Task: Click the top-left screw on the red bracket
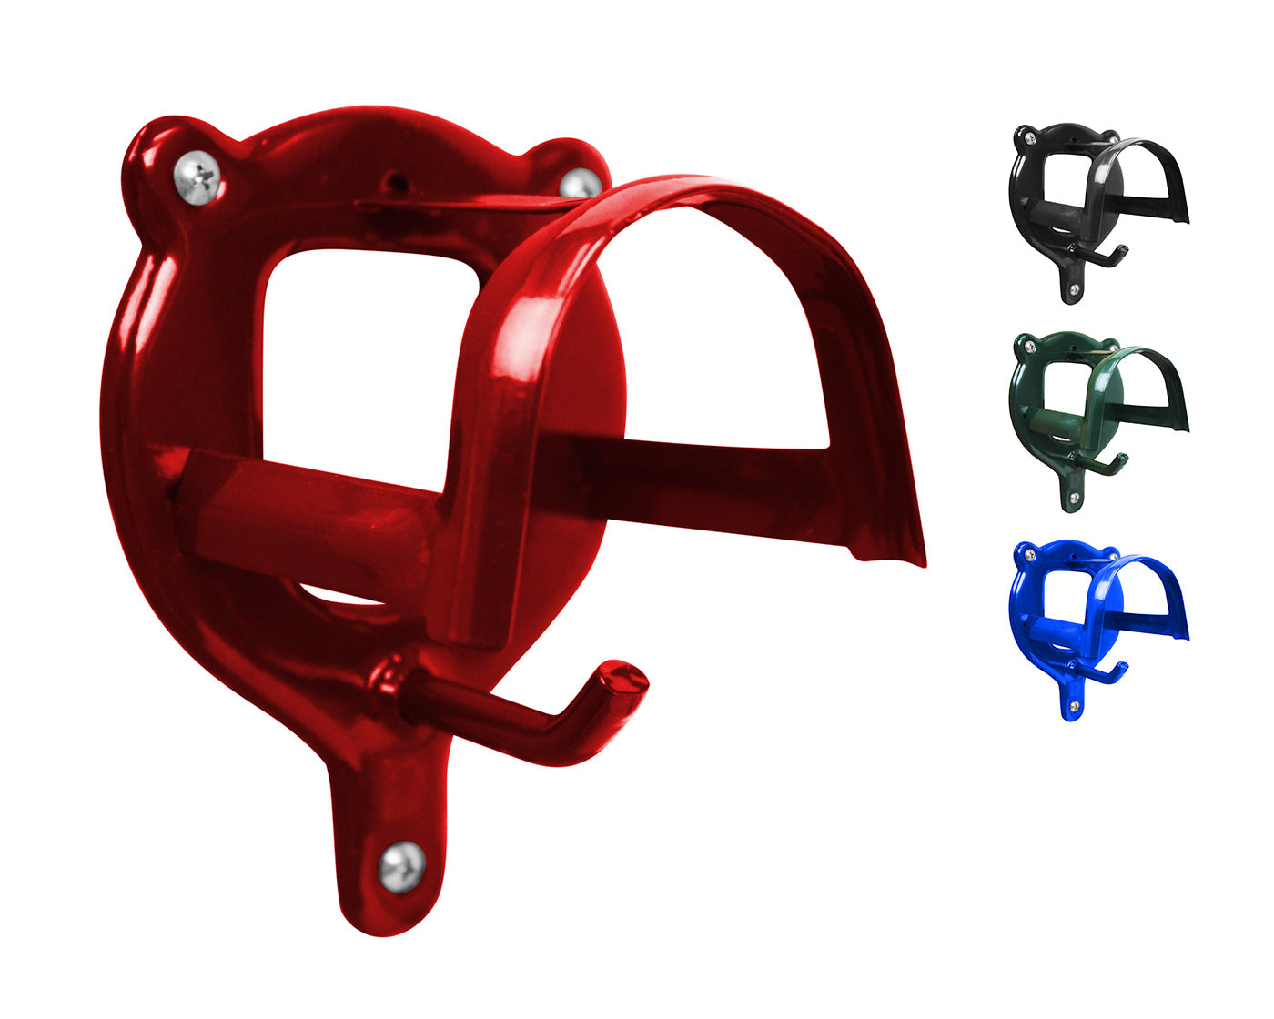[x=197, y=176]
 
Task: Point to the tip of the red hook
[x=624, y=678]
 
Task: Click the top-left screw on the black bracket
[x=1030, y=138]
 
